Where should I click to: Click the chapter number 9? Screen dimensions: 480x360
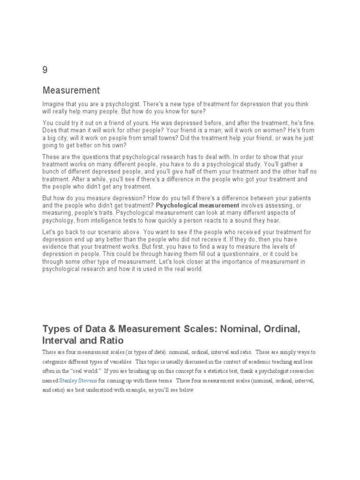45,70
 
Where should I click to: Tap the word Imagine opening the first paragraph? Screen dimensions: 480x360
54,104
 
